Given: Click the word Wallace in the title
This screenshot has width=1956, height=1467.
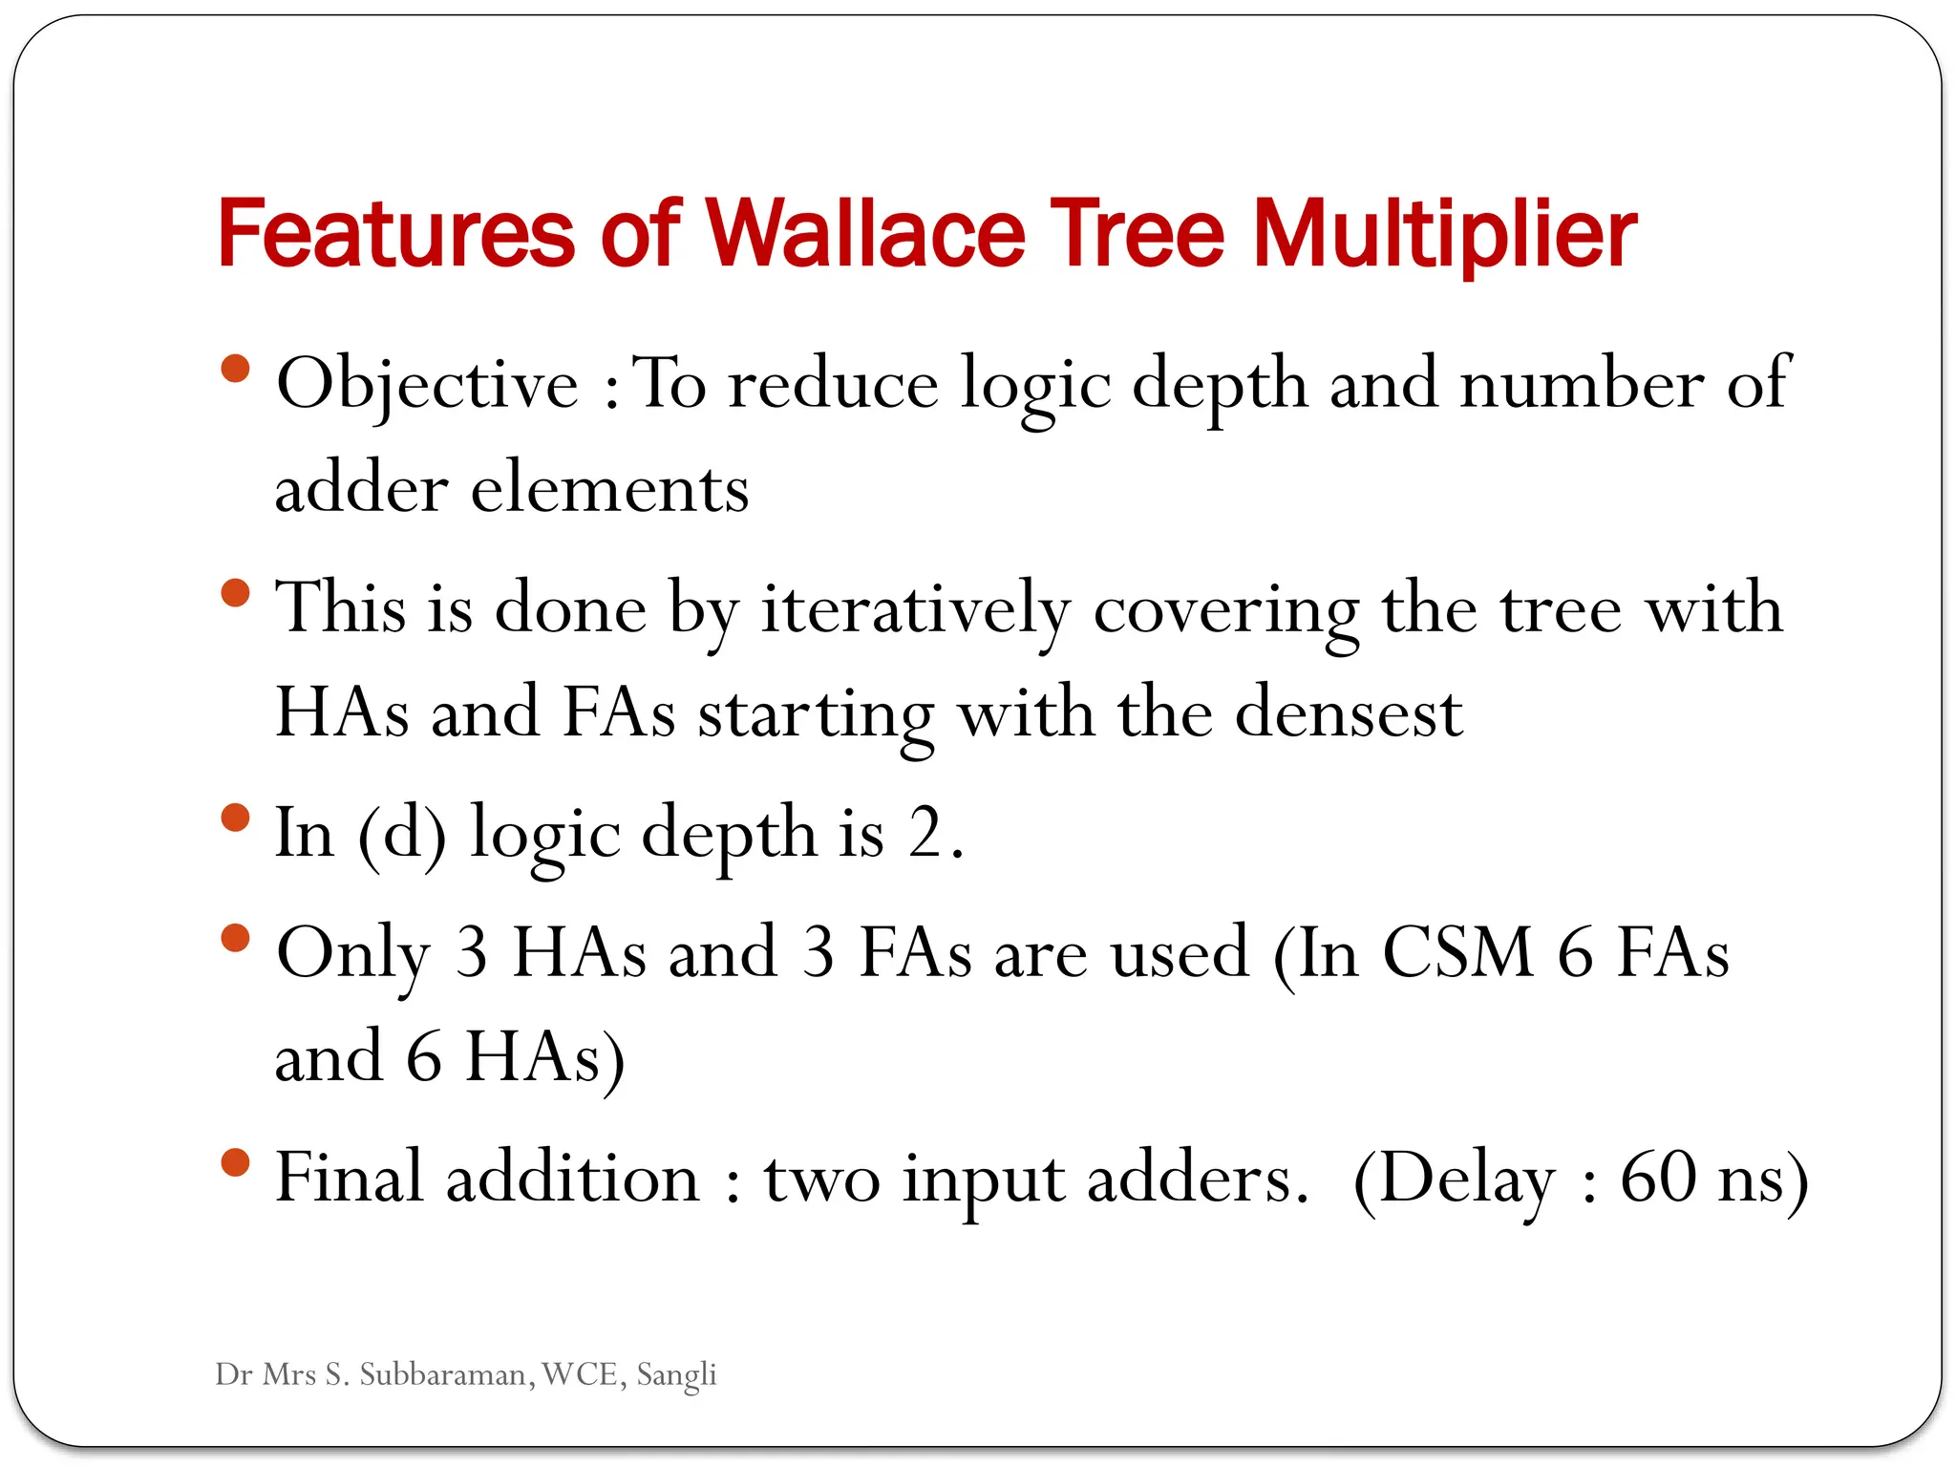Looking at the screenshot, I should (864, 234).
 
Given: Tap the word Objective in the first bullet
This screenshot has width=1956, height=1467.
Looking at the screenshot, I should (427, 384).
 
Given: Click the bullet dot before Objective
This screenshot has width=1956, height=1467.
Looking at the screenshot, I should (234, 369).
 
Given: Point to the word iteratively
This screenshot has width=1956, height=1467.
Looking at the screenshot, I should (915, 609).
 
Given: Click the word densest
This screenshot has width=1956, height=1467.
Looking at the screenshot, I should (1348, 713).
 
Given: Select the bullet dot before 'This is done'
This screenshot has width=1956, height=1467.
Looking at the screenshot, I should (234, 593).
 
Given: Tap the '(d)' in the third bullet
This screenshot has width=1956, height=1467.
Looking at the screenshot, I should (402, 833).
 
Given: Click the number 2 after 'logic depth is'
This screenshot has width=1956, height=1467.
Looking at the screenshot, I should (925, 833).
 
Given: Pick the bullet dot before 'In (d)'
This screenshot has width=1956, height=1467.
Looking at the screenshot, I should (234, 818).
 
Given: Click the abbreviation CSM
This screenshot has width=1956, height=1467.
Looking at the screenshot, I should (1457, 952).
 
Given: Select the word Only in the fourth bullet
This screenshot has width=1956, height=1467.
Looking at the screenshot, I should (353, 954).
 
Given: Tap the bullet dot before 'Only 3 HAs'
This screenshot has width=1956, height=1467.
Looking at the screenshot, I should (234, 938).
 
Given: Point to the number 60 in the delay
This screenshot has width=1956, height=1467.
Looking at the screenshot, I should (1658, 1178).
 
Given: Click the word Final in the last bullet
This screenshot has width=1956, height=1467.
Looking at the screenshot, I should (349, 1178).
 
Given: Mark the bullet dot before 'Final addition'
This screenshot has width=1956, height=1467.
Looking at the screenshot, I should (234, 1162).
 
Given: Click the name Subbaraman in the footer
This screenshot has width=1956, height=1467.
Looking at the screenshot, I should (446, 1374).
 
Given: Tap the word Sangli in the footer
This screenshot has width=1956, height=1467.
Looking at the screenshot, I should (676, 1375).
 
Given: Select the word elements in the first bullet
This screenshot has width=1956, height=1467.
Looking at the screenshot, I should (609, 489).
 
